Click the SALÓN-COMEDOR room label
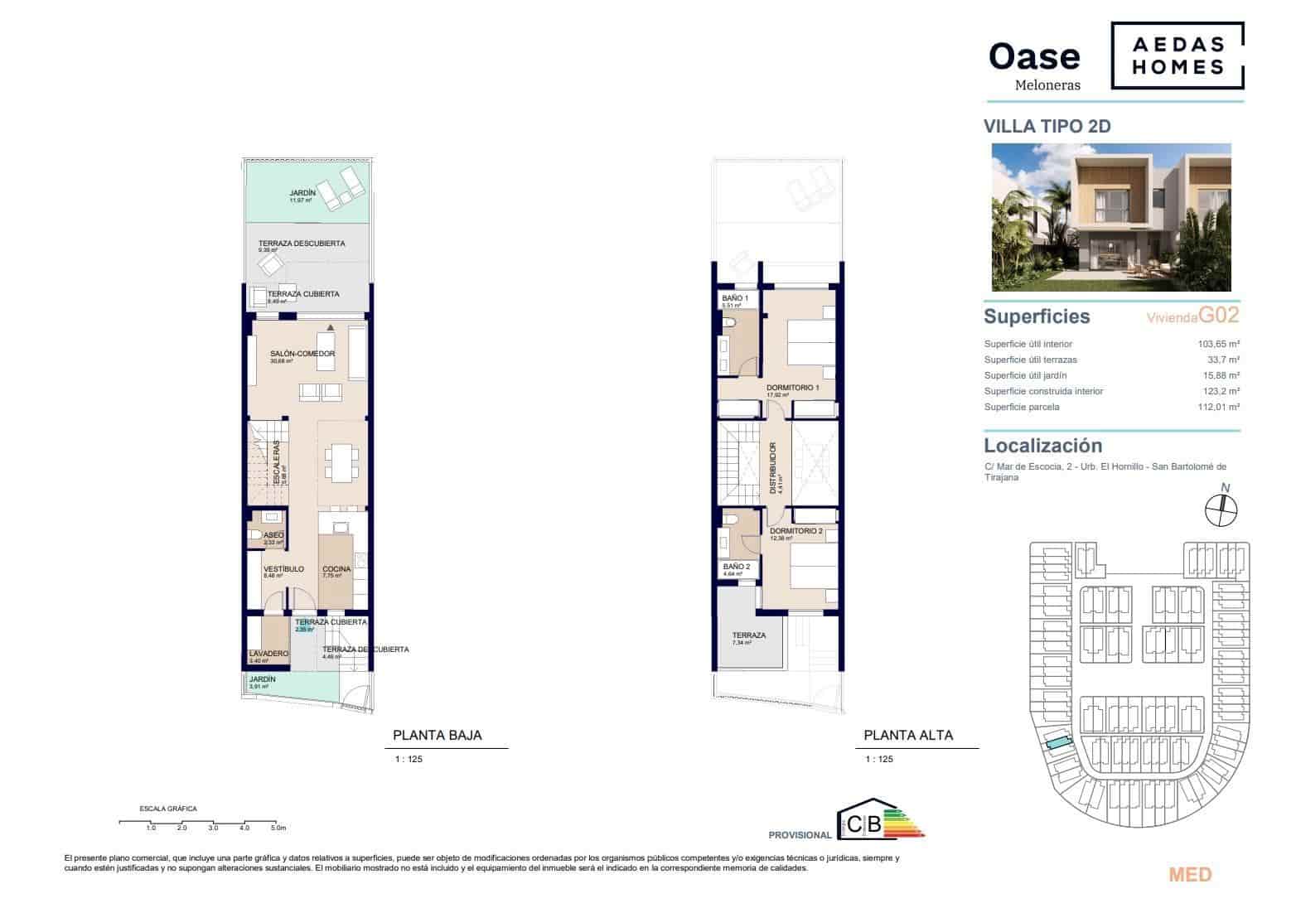click(x=302, y=354)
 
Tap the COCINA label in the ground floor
click(x=336, y=569)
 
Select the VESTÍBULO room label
click(x=283, y=569)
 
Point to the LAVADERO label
click(x=268, y=654)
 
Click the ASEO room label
click(x=273, y=535)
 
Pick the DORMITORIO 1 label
click(x=792, y=388)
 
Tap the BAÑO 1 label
click(x=734, y=298)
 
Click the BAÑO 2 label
click(x=735, y=567)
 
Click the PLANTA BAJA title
click(x=437, y=735)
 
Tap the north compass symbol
click(x=1220, y=508)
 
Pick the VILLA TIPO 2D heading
click(x=1047, y=127)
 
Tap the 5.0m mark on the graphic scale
click(x=278, y=828)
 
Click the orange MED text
click(x=1189, y=875)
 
